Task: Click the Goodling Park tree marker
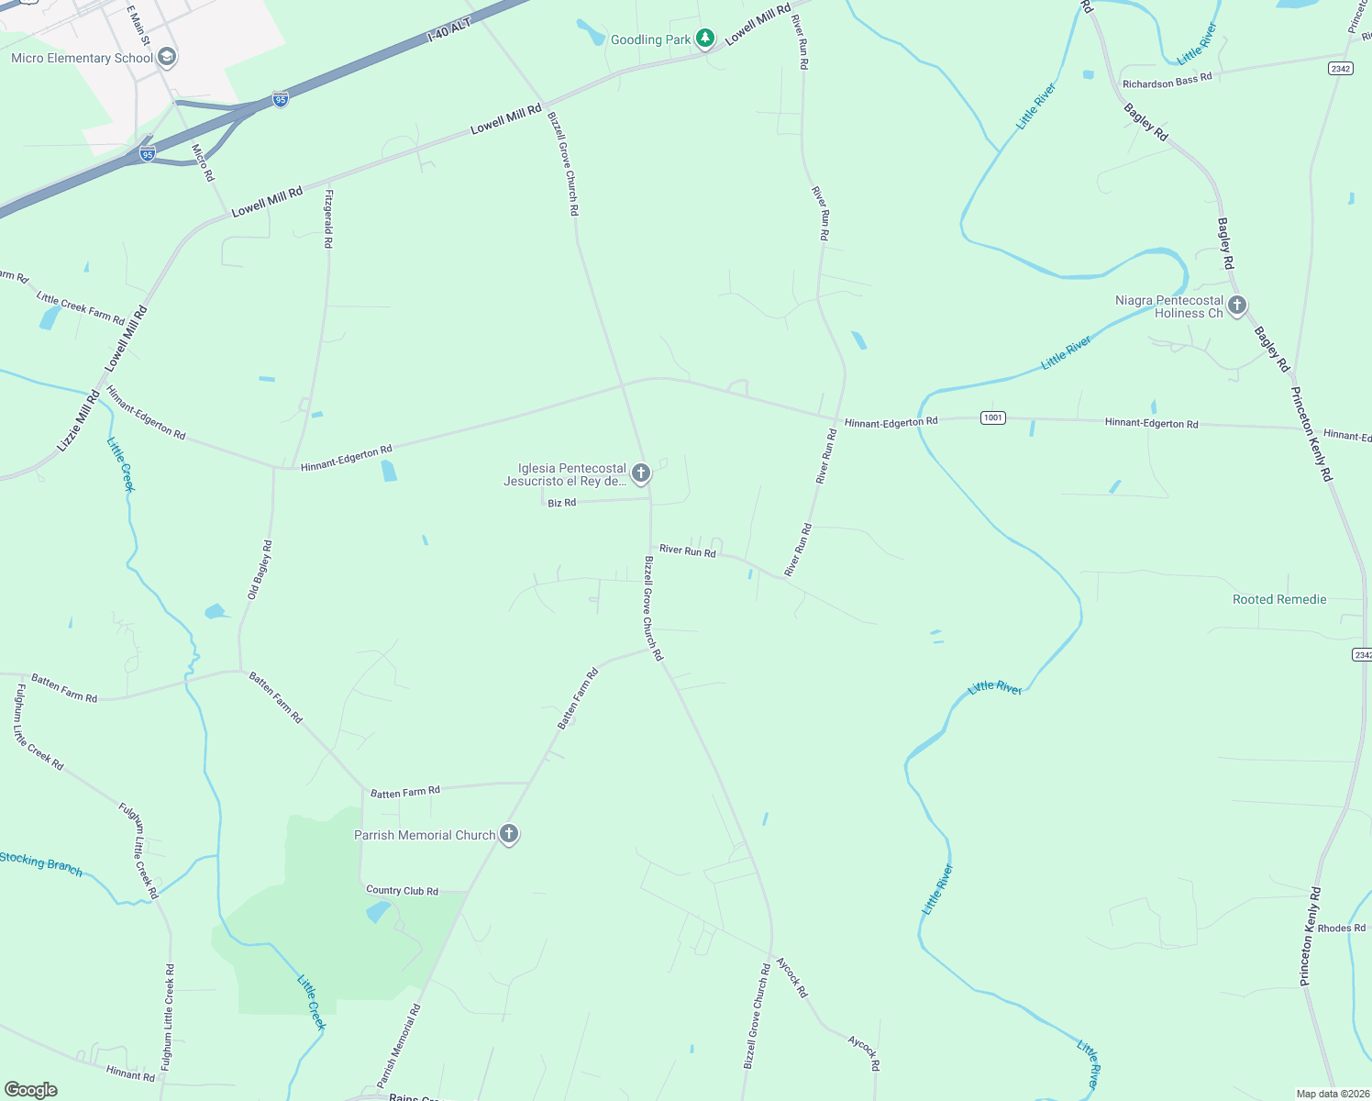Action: (x=704, y=39)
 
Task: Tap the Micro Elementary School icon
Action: (x=166, y=58)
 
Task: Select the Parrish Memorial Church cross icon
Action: (x=509, y=834)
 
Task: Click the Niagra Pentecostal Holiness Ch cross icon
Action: (x=1237, y=306)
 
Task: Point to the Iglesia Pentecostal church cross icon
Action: (x=641, y=473)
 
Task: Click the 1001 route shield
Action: (x=992, y=418)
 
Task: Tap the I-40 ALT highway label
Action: (x=449, y=30)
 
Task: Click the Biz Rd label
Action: (x=561, y=503)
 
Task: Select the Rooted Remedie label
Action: (x=1278, y=599)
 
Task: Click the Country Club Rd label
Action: (x=402, y=890)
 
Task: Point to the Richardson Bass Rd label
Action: (x=1167, y=81)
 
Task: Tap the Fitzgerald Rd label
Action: (x=327, y=218)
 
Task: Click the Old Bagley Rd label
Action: (x=260, y=570)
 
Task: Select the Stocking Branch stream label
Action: (x=41, y=863)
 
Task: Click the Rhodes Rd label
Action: (x=1341, y=928)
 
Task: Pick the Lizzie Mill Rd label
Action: (x=78, y=421)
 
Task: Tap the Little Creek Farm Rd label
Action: (x=80, y=308)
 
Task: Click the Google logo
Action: (x=30, y=1090)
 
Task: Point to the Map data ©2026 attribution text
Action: (x=1332, y=1094)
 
